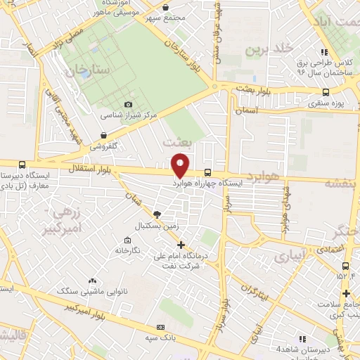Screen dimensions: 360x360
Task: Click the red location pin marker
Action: [x=181, y=165]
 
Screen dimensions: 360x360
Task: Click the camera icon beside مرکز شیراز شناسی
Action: [x=127, y=105]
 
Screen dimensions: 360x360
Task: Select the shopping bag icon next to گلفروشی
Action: [x=103, y=136]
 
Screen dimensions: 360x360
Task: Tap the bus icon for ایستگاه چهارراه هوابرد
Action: [x=207, y=172]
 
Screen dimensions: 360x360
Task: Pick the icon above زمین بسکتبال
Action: [x=157, y=214]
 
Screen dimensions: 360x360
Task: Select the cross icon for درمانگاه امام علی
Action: [x=181, y=245]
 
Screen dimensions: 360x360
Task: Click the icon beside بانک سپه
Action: [x=161, y=326]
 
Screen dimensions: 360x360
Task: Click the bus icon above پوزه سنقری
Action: [x=325, y=91]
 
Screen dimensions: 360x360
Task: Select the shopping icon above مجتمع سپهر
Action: [x=165, y=7]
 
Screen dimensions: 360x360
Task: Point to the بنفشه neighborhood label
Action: [x=341, y=182]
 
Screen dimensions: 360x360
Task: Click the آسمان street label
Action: [x=248, y=111]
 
